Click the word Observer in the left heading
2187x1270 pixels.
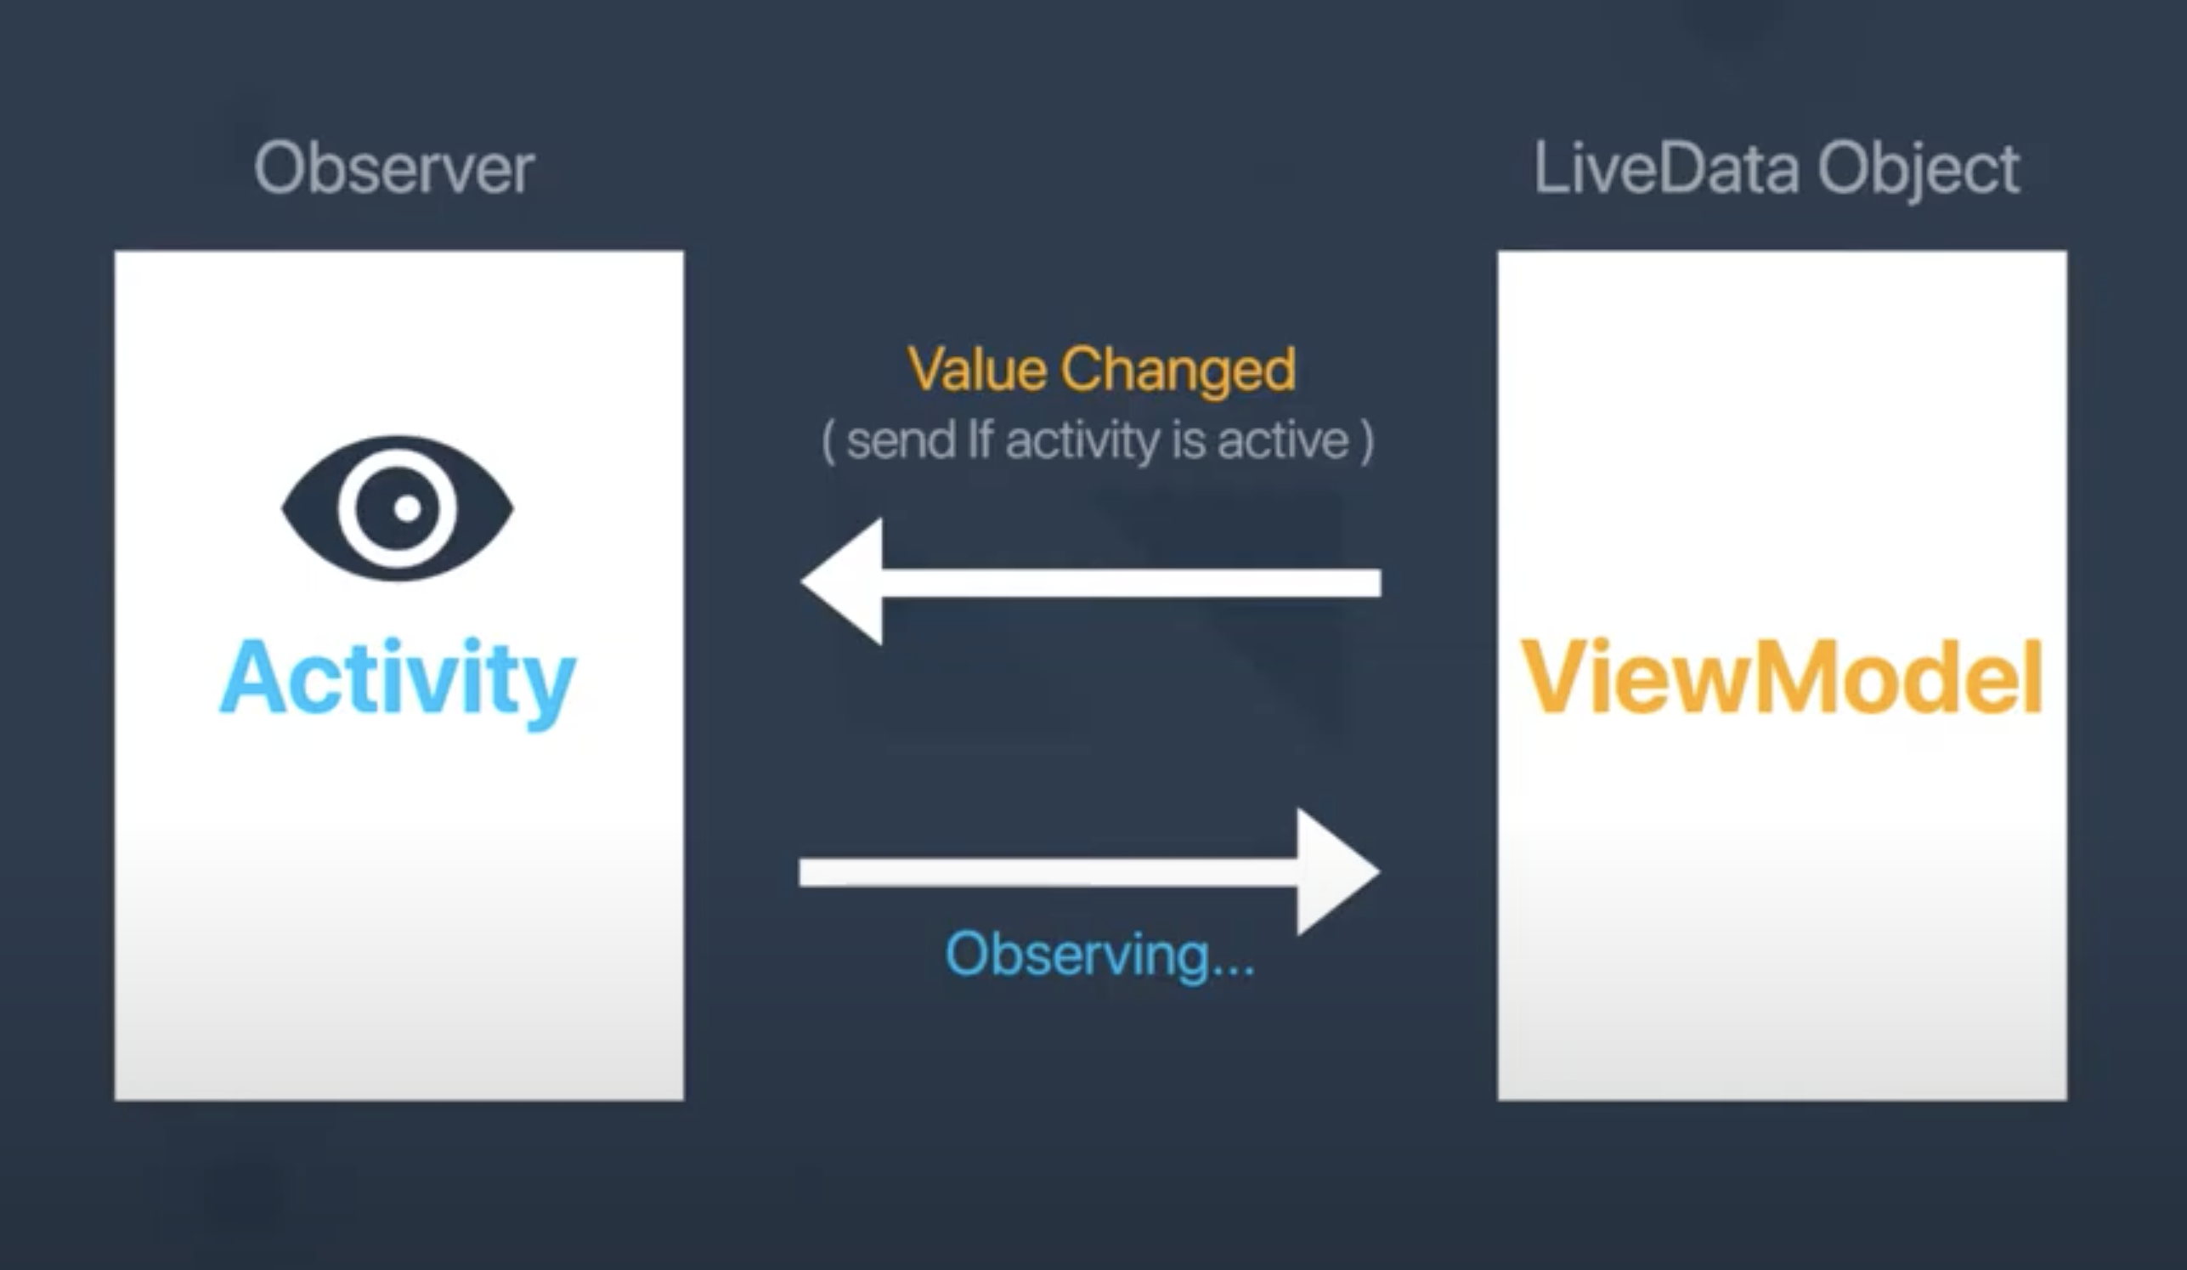coord(394,168)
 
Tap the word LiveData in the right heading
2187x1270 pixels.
coord(1666,168)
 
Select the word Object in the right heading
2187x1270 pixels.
coord(1918,170)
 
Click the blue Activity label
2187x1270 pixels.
coord(398,679)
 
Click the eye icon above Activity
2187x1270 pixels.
coord(398,508)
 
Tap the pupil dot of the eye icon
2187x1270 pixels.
coord(407,507)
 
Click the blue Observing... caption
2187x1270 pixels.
coord(1099,955)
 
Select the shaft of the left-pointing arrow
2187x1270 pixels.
coord(1128,582)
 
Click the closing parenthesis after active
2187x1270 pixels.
coord(1368,441)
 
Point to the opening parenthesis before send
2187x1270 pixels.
coord(828,441)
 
